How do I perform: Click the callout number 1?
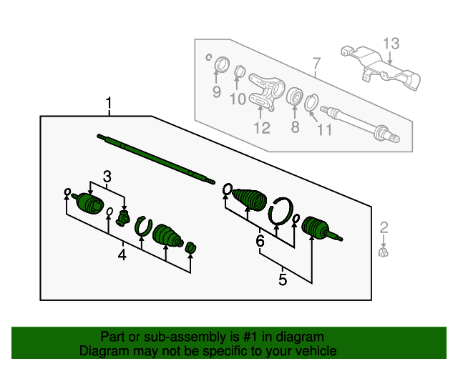(x=109, y=104)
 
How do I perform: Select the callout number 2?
(x=384, y=228)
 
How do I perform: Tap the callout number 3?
(x=107, y=176)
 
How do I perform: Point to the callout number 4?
(x=122, y=254)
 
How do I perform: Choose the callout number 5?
(x=283, y=280)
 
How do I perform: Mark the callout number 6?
(x=260, y=242)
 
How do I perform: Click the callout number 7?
(x=316, y=69)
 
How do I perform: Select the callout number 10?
(x=237, y=98)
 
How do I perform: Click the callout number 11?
(x=325, y=130)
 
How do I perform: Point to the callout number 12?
(x=261, y=128)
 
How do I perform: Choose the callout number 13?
(x=390, y=44)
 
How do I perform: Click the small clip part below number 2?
(x=384, y=252)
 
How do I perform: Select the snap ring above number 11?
(x=312, y=103)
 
